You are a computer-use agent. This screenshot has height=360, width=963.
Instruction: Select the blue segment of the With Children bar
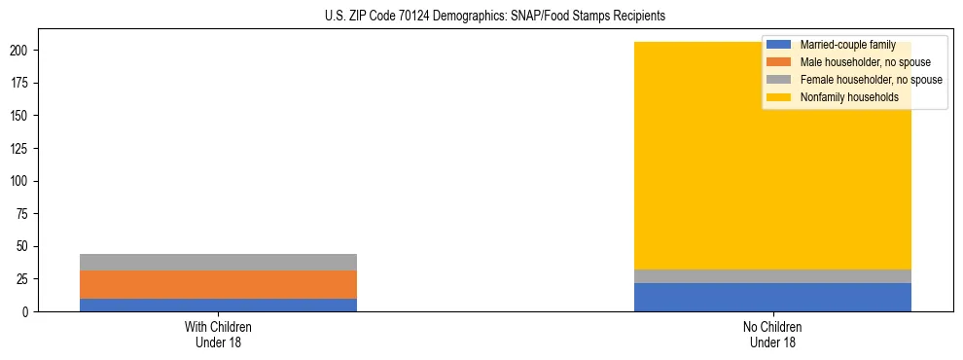point(218,305)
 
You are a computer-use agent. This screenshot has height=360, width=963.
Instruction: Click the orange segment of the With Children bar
point(218,284)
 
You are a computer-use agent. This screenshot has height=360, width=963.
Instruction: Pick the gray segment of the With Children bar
point(218,262)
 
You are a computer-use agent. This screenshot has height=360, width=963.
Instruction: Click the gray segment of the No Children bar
point(772,276)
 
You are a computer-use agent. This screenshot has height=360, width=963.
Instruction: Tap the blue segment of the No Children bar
point(772,297)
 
